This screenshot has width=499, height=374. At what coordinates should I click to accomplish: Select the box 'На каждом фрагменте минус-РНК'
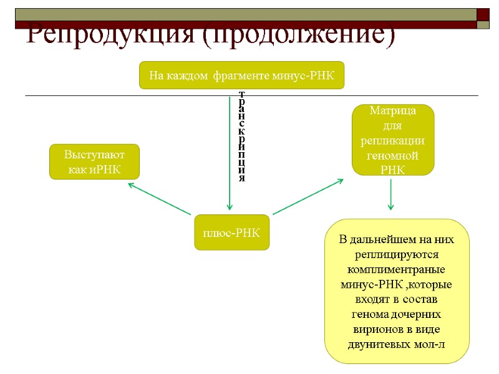[x=241, y=75]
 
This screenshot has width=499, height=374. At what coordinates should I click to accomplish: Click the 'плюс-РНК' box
[x=231, y=233]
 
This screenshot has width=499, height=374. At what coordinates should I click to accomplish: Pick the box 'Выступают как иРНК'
[x=94, y=162]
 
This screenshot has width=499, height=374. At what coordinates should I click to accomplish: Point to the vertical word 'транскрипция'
[x=242, y=135]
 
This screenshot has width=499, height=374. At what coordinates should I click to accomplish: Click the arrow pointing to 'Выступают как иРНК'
[x=159, y=199]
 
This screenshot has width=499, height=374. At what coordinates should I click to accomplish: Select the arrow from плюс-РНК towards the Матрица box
[x=308, y=196]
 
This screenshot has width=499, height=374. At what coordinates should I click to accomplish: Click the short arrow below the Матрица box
[x=390, y=194]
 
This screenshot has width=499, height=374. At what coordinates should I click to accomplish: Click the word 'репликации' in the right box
[x=393, y=140]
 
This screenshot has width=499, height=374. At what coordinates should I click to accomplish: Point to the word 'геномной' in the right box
[x=393, y=155]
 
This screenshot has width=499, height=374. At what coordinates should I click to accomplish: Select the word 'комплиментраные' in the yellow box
[x=396, y=269]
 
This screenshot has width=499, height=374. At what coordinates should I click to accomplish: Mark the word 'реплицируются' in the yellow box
[x=397, y=254]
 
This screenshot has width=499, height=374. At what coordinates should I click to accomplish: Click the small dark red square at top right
[x=483, y=14]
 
